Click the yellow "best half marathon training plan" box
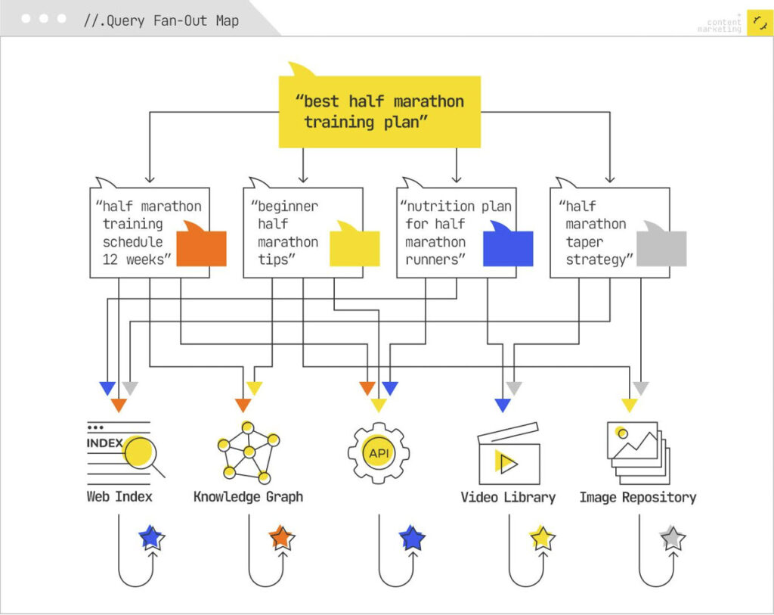pyautogui.click(x=379, y=111)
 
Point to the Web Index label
pyautogui.click(x=119, y=497)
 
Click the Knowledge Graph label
pyautogui.click(x=248, y=497)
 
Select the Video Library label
pyautogui.click(x=508, y=497)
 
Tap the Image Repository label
pyautogui.click(x=637, y=497)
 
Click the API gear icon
pyautogui.click(x=378, y=453)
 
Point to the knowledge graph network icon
pyautogui.click(x=248, y=452)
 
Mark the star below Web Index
pyautogui.click(x=152, y=538)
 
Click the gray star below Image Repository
pyautogui.click(x=672, y=539)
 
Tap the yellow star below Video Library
pyautogui.click(x=542, y=538)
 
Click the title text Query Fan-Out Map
pyautogui.click(x=161, y=20)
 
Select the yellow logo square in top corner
pyautogui.click(x=759, y=23)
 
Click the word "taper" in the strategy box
pyautogui.click(x=584, y=242)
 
